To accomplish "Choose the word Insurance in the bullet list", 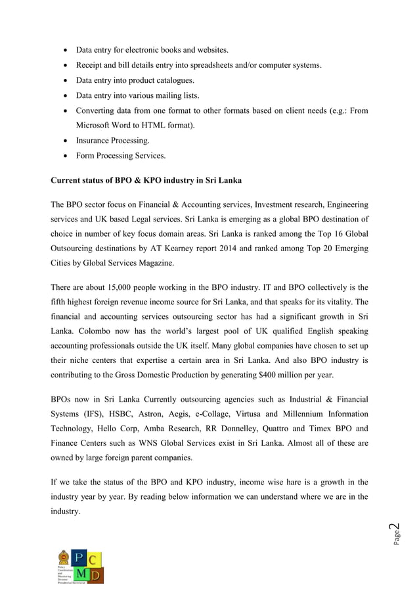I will point(95,141).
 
